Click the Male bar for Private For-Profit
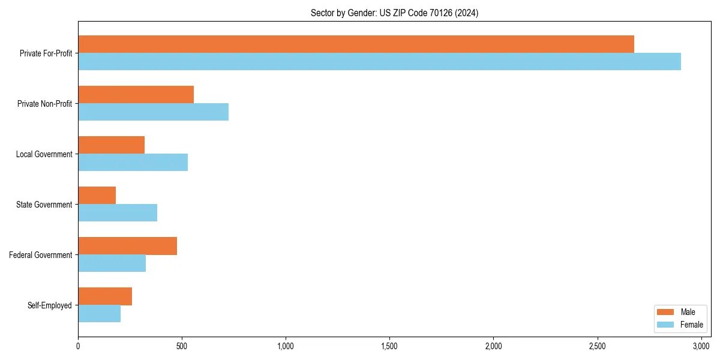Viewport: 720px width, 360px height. coord(356,44)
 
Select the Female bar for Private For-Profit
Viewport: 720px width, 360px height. coord(379,61)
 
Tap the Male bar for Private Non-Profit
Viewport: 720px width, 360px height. coord(136,94)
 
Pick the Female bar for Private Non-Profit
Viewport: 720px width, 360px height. coord(153,112)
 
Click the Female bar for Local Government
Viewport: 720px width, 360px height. coord(133,162)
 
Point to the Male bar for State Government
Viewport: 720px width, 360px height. coord(97,195)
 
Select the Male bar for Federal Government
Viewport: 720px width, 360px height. coord(127,245)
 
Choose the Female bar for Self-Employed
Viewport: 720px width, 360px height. coord(99,313)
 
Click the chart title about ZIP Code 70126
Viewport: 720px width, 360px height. coord(394,13)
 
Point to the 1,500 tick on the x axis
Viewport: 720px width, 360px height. coord(389,346)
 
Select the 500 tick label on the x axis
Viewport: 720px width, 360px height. coord(182,346)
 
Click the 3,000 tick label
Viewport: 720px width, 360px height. coord(701,346)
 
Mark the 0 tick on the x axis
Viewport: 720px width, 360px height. coord(78,346)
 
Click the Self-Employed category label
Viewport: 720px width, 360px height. coord(49,305)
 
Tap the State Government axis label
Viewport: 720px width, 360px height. coord(44,205)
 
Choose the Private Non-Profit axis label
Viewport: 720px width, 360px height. coord(44,104)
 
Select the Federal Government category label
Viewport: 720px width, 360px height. coord(41,255)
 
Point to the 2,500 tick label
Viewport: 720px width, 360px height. coord(597,346)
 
